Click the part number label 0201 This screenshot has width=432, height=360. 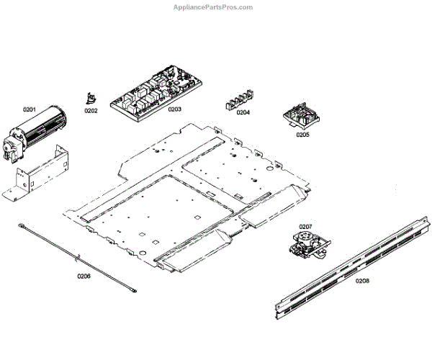coord(29,109)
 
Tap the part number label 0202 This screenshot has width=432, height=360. coord(91,111)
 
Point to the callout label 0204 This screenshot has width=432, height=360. coord(243,112)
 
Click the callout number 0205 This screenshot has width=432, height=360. coord(302,134)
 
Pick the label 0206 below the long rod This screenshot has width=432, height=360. coord(84,276)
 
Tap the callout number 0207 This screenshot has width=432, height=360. coord(305,227)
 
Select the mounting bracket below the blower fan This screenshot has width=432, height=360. coord(43,173)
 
